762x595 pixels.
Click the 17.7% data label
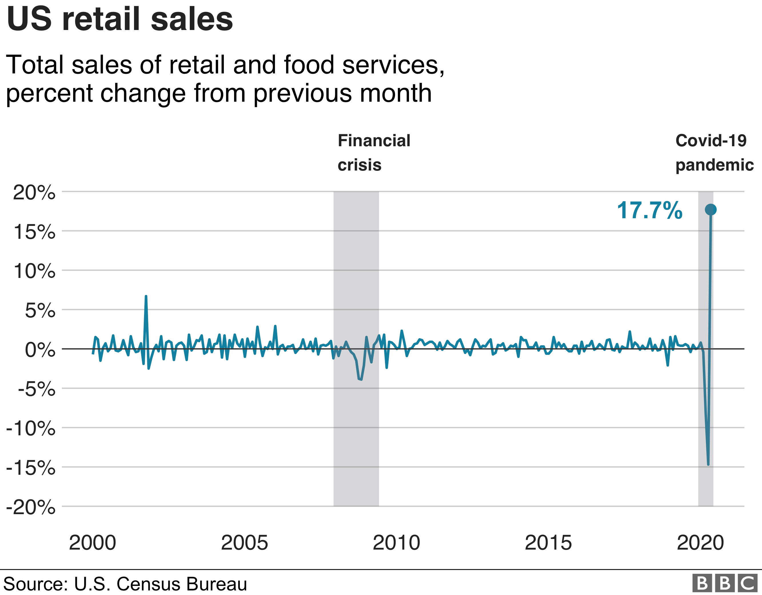650,210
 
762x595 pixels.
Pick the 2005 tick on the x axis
244,543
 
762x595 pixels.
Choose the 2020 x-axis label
700,543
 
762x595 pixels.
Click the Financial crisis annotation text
374,153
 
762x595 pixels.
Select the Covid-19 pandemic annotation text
714,153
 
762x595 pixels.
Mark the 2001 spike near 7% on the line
146,297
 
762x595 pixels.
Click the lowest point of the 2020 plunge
708,464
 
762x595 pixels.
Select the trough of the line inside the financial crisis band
361,379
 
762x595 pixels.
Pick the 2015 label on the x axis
548,543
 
